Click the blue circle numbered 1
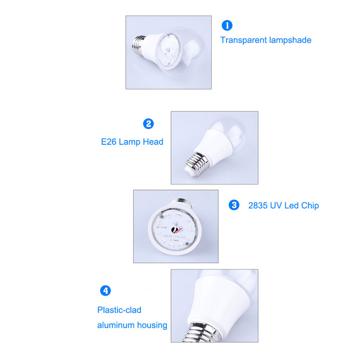(x=228, y=26)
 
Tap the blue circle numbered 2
(x=148, y=124)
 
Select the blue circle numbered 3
(x=234, y=205)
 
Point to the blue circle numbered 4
(x=105, y=291)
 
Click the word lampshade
(x=290, y=40)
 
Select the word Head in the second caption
(x=153, y=142)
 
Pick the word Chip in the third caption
(x=310, y=206)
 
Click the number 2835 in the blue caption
(x=258, y=206)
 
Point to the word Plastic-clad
(x=119, y=310)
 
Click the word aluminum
(x=115, y=325)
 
